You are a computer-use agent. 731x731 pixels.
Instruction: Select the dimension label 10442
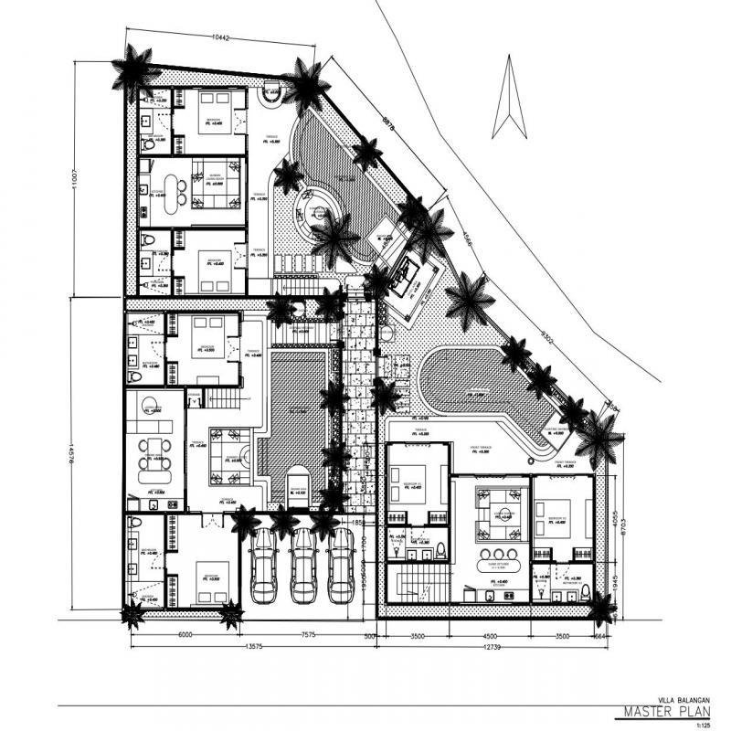tap(218, 38)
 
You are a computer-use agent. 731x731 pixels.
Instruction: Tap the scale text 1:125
tap(702, 725)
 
